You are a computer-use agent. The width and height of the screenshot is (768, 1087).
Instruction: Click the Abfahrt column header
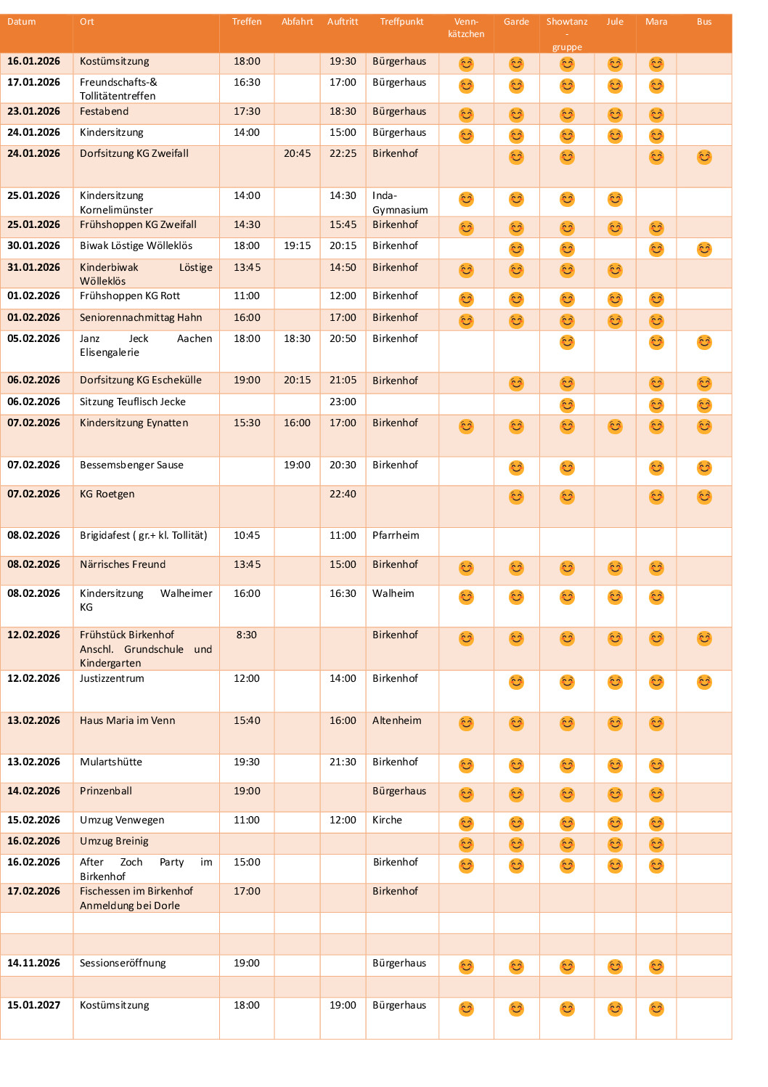point(297,22)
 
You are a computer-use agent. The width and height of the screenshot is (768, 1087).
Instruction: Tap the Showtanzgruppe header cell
point(567,33)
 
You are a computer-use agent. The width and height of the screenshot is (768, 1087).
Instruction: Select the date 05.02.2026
point(34,339)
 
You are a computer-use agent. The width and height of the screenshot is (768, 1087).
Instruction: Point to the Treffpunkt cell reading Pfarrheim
point(396,536)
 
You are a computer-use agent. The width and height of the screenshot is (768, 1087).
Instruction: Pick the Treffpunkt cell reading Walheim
point(393,594)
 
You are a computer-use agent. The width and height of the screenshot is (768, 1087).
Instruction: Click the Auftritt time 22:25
point(343,154)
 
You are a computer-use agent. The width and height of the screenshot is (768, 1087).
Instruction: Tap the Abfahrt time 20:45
point(297,154)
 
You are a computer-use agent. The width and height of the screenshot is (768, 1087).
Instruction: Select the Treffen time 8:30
point(247,635)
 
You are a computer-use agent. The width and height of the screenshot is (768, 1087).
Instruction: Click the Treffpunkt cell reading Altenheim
point(397,721)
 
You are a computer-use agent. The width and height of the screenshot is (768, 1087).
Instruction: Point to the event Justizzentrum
point(112,679)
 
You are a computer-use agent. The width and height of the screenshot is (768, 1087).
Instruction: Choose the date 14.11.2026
point(34,964)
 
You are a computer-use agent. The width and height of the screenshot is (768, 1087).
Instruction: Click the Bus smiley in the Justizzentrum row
point(704,682)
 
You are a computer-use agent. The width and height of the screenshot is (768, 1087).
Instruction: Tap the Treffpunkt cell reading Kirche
point(387,821)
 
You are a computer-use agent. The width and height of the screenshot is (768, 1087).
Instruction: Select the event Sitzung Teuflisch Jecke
point(133,402)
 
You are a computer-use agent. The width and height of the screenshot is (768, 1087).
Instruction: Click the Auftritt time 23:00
point(343,402)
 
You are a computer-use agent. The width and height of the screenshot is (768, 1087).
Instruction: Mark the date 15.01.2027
point(34,1006)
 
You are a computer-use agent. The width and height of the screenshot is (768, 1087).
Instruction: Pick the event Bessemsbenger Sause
point(131,465)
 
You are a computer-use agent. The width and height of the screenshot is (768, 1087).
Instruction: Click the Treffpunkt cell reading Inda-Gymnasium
point(400,203)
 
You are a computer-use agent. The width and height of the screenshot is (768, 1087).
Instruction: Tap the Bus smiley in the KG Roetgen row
point(704,497)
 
